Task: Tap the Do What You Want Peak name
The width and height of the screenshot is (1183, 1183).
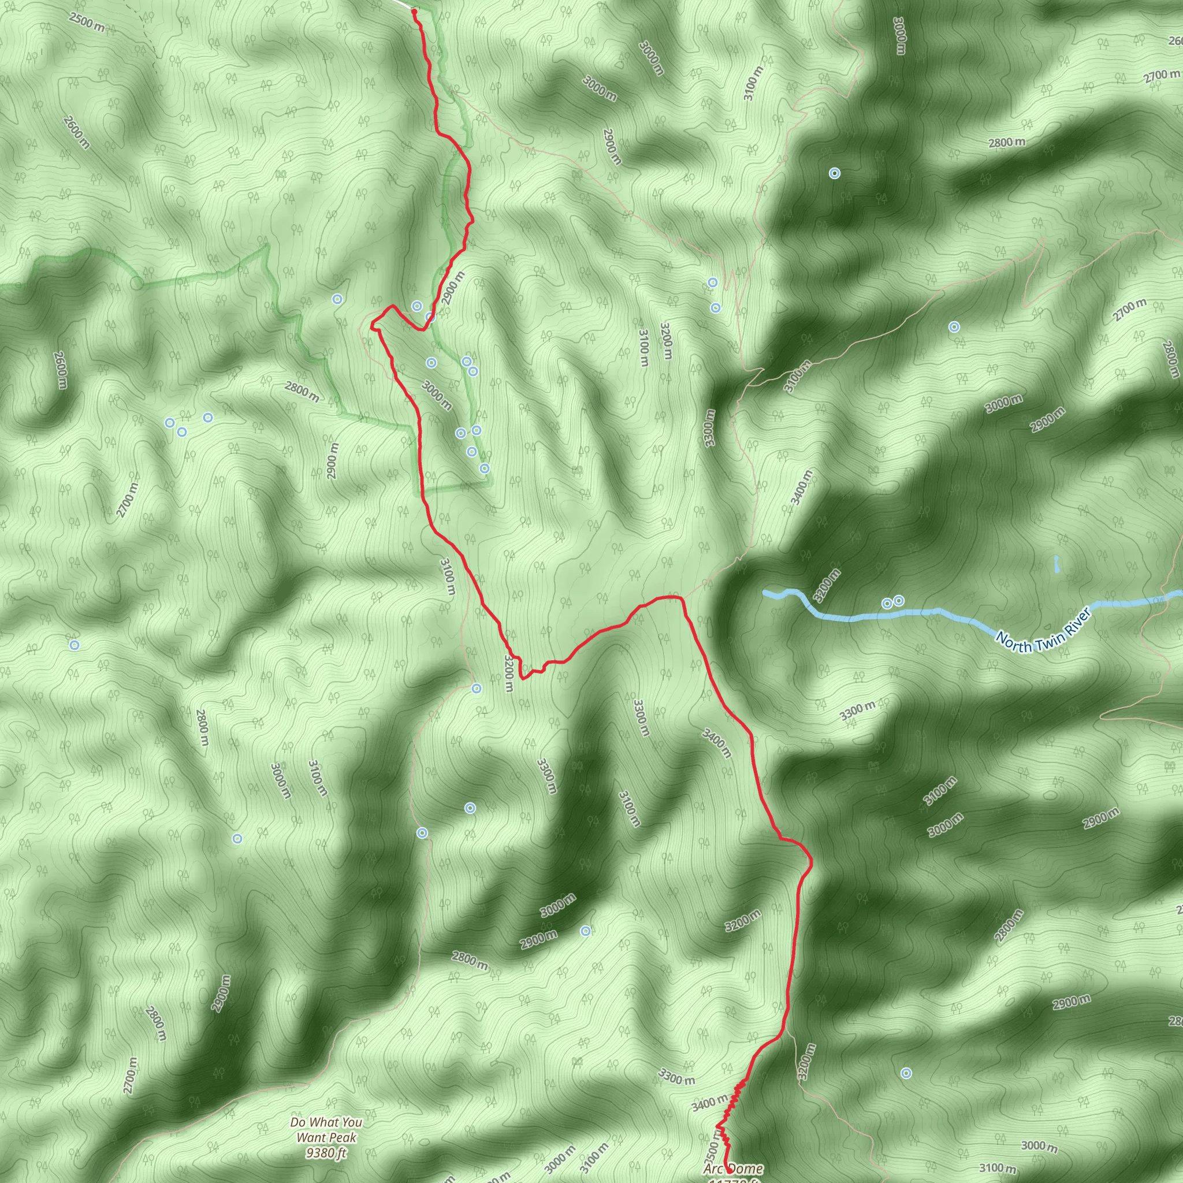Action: click(326, 1130)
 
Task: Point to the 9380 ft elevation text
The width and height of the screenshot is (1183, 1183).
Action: click(326, 1153)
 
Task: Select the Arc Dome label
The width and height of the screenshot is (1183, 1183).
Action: click(733, 1169)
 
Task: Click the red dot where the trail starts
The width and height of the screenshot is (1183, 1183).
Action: click(414, 11)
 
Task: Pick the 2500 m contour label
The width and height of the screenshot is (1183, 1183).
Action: click(86, 23)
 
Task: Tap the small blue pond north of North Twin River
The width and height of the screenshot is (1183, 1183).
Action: click(1058, 564)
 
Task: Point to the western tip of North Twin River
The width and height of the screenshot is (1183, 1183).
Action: click(765, 593)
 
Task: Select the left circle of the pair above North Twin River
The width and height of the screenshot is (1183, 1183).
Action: click(887, 604)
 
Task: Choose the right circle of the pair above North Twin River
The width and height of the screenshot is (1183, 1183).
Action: click(898, 601)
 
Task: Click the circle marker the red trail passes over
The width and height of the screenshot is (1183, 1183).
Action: click(430, 317)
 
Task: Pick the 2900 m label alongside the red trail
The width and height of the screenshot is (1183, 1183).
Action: click(453, 288)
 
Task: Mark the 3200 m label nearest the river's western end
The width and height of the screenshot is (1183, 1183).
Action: click(827, 585)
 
